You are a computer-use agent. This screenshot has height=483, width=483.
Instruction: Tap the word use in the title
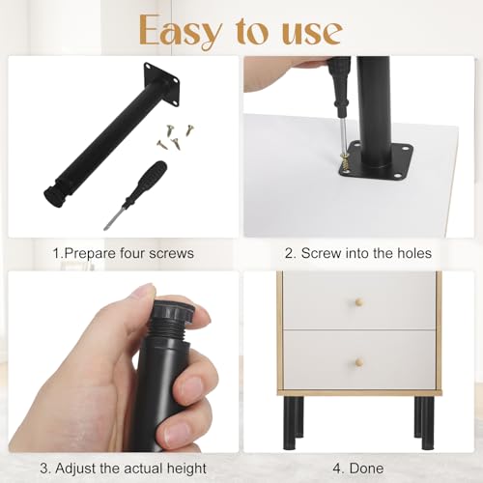[x=307, y=31]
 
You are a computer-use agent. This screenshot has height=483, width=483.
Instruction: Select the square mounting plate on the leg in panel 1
[x=159, y=84]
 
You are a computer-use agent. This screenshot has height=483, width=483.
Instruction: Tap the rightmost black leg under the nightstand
[x=425, y=425]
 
